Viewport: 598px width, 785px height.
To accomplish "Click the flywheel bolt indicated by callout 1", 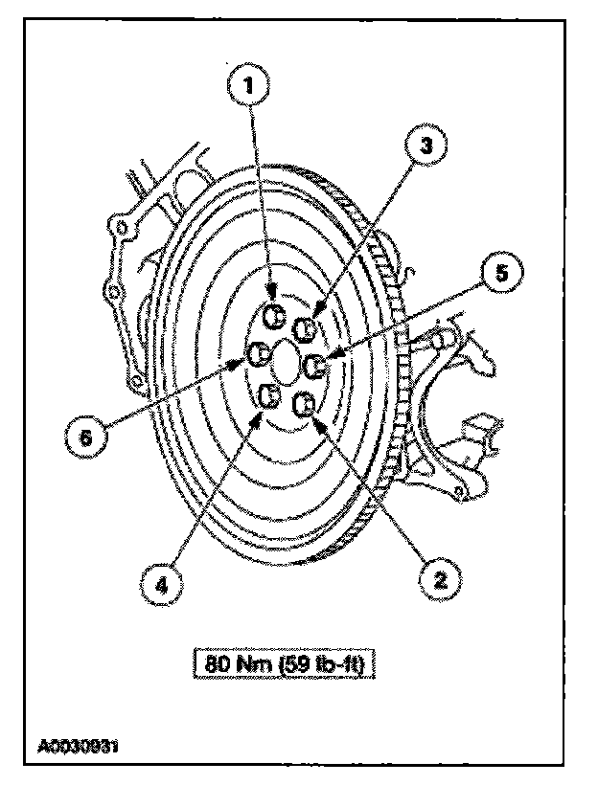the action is pyautogui.click(x=272, y=317).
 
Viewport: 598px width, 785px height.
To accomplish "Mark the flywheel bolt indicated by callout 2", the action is pyautogui.click(x=303, y=405).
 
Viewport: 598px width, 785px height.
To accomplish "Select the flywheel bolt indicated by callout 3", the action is pyautogui.click(x=305, y=330).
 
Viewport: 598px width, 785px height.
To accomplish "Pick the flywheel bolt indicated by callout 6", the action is pyautogui.click(x=256, y=355).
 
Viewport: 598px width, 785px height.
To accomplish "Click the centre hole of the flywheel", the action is pyautogui.click(x=286, y=362).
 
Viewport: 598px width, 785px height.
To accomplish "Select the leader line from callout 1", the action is pyautogui.click(x=261, y=191).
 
